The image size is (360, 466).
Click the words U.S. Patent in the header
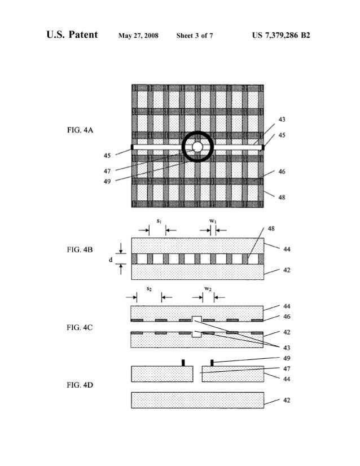(x=72, y=36)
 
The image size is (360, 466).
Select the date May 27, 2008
(x=139, y=36)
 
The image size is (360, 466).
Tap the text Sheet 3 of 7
(x=195, y=36)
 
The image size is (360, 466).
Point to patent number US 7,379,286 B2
(x=282, y=36)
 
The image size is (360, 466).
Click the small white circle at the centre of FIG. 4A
(x=197, y=147)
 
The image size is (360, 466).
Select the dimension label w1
(x=212, y=221)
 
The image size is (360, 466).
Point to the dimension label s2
(x=148, y=289)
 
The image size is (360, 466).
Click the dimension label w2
(x=208, y=289)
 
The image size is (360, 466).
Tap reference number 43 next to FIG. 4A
(x=282, y=119)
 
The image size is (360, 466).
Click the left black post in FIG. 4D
(x=183, y=362)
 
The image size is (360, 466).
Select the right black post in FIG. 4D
(x=212, y=362)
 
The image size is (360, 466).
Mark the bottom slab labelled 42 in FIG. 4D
(x=197, y=400)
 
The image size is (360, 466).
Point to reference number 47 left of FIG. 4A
(x=107, y=170)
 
